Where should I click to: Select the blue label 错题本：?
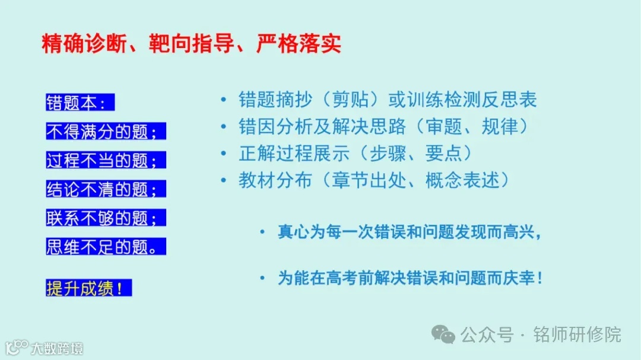click(79, 103)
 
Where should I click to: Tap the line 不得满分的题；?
click(105, 132)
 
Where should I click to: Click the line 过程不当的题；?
click(105, 160)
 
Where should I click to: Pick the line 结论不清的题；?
click(105, 189)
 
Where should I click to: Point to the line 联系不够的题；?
click(105, 218)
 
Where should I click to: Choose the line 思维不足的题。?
click(105, 247)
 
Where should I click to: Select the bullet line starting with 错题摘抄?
click(388, 100)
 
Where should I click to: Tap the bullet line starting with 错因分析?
click(383, 126)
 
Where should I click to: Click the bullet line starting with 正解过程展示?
click(355, 153)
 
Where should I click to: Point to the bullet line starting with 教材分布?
click(373, 180)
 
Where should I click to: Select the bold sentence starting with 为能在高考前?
click(410, 278)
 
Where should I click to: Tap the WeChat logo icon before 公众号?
click(444, 334)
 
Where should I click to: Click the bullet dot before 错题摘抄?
click(223, 100)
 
